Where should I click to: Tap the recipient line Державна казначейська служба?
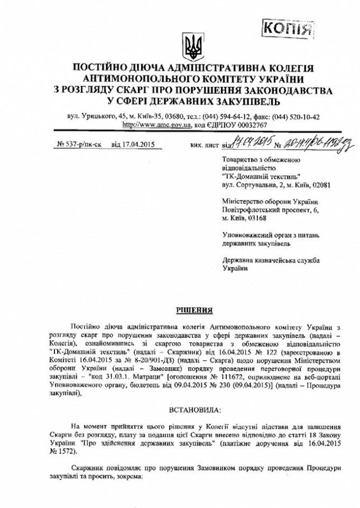coord(271,260)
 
